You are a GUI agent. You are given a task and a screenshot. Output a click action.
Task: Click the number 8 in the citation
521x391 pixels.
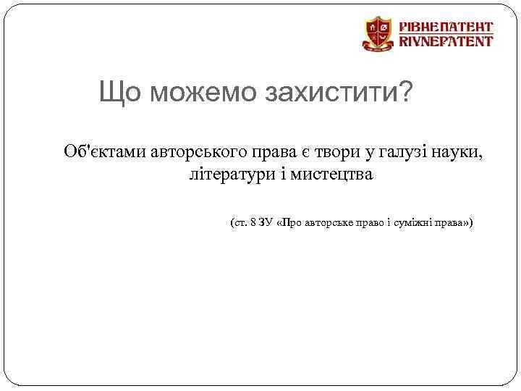click(252, 223)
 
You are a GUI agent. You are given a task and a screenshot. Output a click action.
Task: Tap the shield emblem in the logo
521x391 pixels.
click(378, 34)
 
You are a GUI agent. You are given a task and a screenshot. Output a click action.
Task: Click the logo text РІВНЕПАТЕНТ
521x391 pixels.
click(446, 25)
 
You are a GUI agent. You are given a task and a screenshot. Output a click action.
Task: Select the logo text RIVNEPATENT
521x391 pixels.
click(446, 41)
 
